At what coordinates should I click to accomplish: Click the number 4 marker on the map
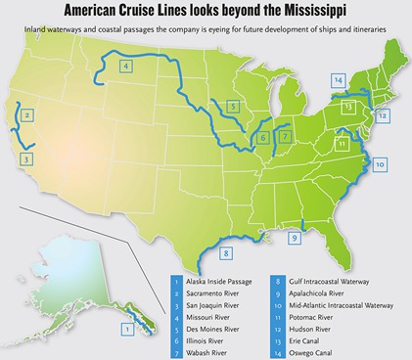click(x=126, y=67)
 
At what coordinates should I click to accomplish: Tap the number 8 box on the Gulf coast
click(x=226, y=253)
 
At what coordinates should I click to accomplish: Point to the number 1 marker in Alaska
click(x=126, y=330)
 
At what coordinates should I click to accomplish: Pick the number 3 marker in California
click(x=27, y=157)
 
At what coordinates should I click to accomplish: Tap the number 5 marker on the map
click(x=232, y=106)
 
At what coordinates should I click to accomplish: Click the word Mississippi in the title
click(x=311, y=12)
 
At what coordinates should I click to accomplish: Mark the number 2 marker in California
click(x=27, y=115)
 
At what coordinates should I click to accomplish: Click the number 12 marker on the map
click(x=383, y=115)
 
